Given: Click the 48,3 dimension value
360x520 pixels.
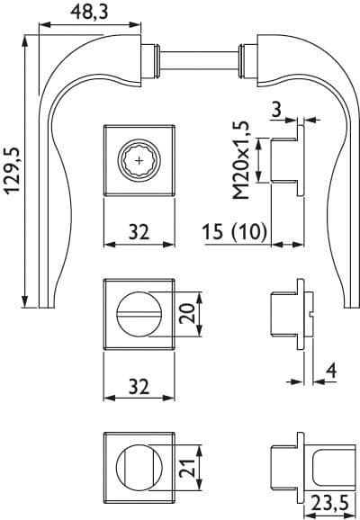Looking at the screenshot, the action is [90, 13].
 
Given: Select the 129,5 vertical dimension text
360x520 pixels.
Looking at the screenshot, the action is [13, 171].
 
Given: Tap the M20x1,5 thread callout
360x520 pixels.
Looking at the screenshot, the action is [241, 160].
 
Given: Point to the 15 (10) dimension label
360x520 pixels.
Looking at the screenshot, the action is [235, 231].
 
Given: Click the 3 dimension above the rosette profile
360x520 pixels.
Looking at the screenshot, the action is [276, 109].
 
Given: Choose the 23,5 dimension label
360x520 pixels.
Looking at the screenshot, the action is [330, 504].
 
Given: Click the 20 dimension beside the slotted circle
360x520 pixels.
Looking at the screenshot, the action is [187, 314].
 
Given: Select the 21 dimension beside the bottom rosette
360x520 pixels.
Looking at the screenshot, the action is [187, 468].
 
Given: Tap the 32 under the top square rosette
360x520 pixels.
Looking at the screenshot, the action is [139, 232].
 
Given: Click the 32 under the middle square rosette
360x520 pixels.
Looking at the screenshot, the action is [139, 386].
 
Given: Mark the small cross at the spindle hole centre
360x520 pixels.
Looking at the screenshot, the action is [139, 161].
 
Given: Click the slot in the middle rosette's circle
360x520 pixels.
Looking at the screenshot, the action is [139, 314].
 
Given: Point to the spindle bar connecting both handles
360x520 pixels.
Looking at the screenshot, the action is [199, 60].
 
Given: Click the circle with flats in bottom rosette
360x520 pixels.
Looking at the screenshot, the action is [139, 468].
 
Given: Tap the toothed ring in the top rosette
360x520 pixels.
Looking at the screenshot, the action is [139, 161].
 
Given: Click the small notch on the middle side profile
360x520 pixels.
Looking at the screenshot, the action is [310, 314].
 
